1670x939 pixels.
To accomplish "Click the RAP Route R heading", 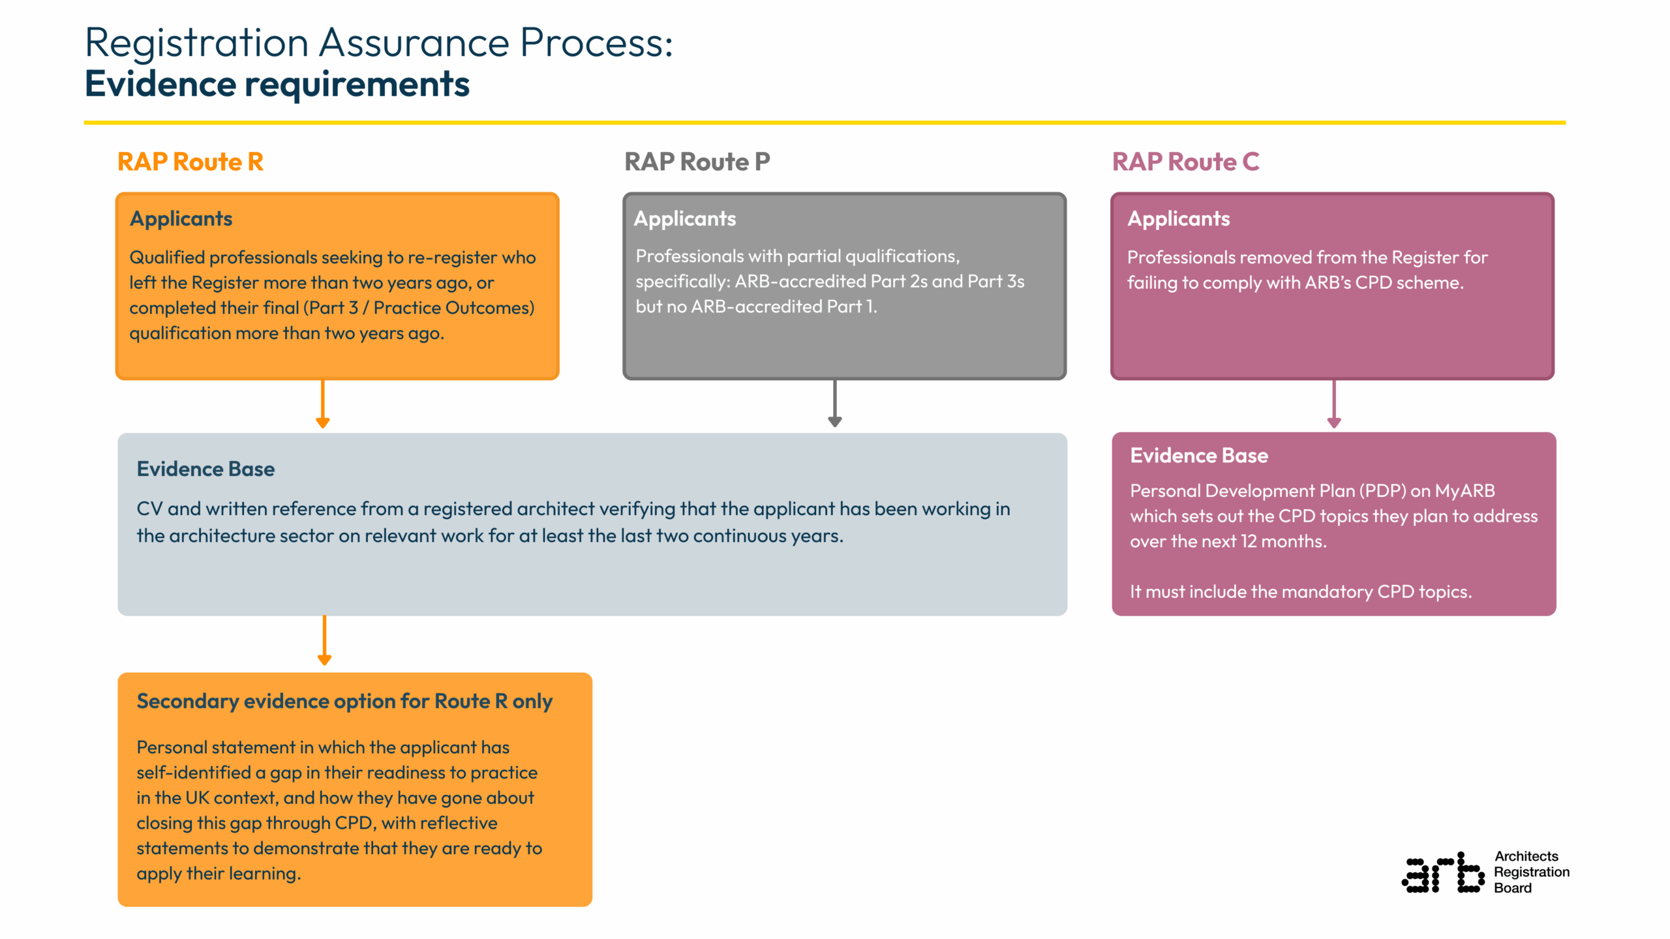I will coord(190,162).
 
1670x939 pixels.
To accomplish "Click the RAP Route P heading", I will coord(697,162).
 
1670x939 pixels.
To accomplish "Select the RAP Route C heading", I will coord(1185,162).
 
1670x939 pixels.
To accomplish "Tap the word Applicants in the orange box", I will coord(181,218).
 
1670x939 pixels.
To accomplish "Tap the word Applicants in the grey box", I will coord(684,218).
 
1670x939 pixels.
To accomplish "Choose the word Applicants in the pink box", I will coord(1178,218).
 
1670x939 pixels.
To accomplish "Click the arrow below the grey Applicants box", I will coord(834,404).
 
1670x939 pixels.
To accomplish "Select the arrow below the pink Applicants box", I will coord(1333,404).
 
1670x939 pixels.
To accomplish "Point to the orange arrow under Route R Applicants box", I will coord(322,404).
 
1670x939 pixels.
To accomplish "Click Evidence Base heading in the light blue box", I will coord(205,469).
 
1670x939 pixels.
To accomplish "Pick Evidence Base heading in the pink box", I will coord(1198,455).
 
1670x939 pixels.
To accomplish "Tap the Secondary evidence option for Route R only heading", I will coord(344,701).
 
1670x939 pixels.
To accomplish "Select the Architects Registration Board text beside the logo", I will coord(1530,872).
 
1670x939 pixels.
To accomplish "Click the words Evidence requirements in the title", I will coord(277,84).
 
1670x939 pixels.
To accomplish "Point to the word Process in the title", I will coord(596,43).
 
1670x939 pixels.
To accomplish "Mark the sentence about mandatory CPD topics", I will coord(1300,591).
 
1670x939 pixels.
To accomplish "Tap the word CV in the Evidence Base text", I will coord(149,509).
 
